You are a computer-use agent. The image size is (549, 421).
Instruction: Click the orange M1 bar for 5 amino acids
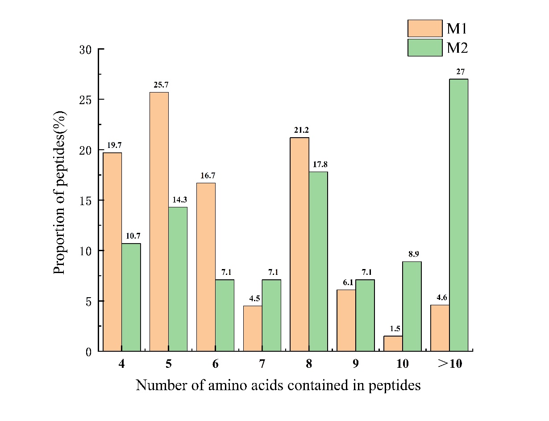point(159,221)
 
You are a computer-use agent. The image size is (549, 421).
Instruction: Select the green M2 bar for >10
point(458,215)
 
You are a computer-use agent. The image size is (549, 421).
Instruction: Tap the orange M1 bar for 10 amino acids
point(393,343)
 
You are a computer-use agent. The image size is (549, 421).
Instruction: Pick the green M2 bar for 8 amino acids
point(318,261)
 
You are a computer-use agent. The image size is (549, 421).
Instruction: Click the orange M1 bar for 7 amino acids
point(253,328)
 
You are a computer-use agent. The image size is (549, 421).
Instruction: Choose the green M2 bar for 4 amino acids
point(131,297)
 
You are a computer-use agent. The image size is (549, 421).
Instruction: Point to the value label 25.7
point(159,84)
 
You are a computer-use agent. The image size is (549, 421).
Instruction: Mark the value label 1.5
point(393,328)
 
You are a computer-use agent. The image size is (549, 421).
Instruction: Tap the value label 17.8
point(318,164)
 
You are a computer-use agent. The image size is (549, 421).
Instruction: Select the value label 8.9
point(412,254)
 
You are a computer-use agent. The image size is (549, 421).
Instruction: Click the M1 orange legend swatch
point(424,29)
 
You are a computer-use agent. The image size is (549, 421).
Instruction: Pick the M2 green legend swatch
point(424,48)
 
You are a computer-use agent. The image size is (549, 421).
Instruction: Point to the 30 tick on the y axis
point(85,49)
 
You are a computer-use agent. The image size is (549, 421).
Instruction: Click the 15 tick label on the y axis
point(85,201)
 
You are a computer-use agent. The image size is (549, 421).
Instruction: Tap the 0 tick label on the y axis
point(88,352)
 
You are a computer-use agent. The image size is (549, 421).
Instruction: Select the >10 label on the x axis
point(449,364)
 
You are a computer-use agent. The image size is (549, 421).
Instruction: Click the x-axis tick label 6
point(215,364)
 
